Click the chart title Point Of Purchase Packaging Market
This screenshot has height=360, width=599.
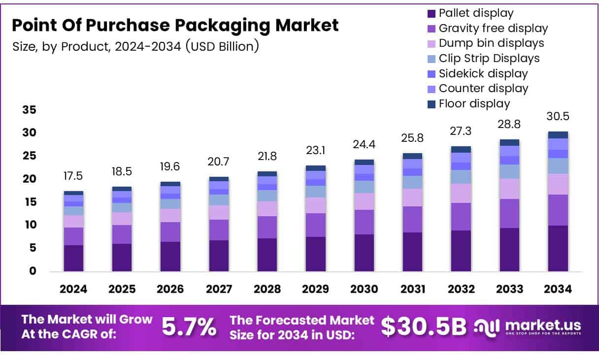175,25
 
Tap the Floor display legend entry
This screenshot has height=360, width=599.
474,104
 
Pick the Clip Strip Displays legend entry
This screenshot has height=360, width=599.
489,59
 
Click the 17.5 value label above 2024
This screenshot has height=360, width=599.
73,176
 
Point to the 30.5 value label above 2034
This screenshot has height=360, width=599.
558,117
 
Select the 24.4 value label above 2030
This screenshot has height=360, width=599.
364,146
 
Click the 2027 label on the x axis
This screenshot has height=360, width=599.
219,290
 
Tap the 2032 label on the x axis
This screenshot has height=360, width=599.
461,290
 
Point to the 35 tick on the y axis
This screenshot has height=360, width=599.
29,110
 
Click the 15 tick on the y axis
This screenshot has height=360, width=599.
29,202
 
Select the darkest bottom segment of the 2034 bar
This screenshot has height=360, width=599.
558,248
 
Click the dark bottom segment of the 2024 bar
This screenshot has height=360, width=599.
73,258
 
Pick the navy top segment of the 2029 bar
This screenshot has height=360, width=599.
316,168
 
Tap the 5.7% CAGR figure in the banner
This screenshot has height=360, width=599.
189,327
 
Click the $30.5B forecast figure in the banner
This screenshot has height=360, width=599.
423,327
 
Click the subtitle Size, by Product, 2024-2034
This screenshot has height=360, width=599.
135,47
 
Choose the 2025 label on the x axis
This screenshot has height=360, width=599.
122,290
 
